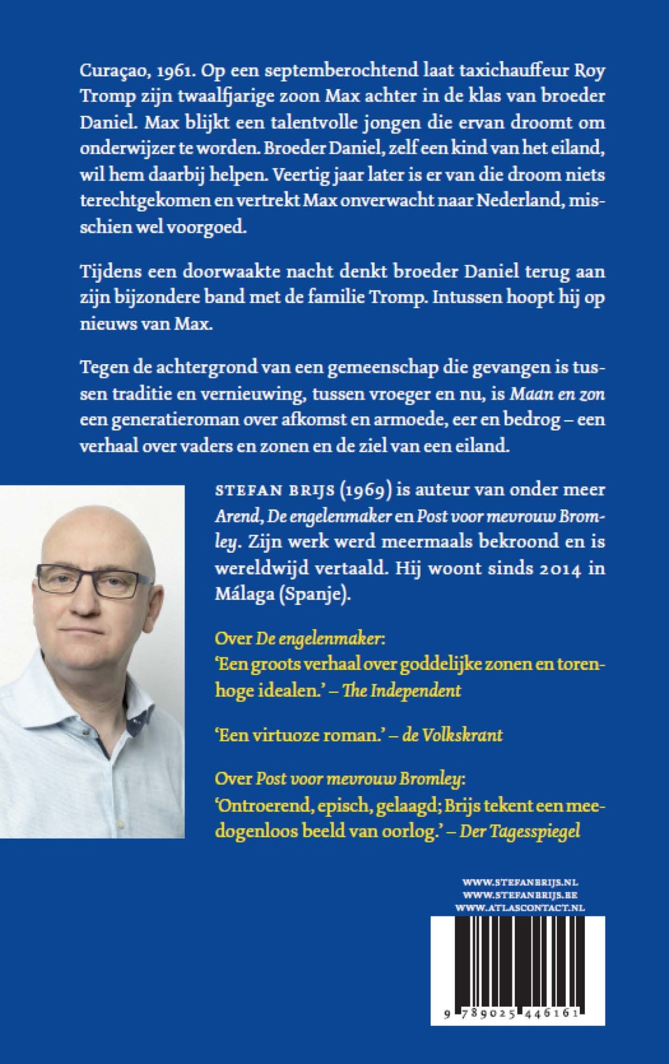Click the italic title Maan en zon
[x=557, y=394]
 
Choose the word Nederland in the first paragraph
[x=521, y=200]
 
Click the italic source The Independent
[x=401, y=690]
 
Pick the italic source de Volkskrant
[x=452, y=735]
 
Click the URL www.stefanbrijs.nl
[x=520, y=882]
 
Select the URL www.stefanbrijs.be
[x=520, y=895]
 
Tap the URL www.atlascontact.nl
[x=520, y=908]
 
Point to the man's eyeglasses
[x=93, y=580]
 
